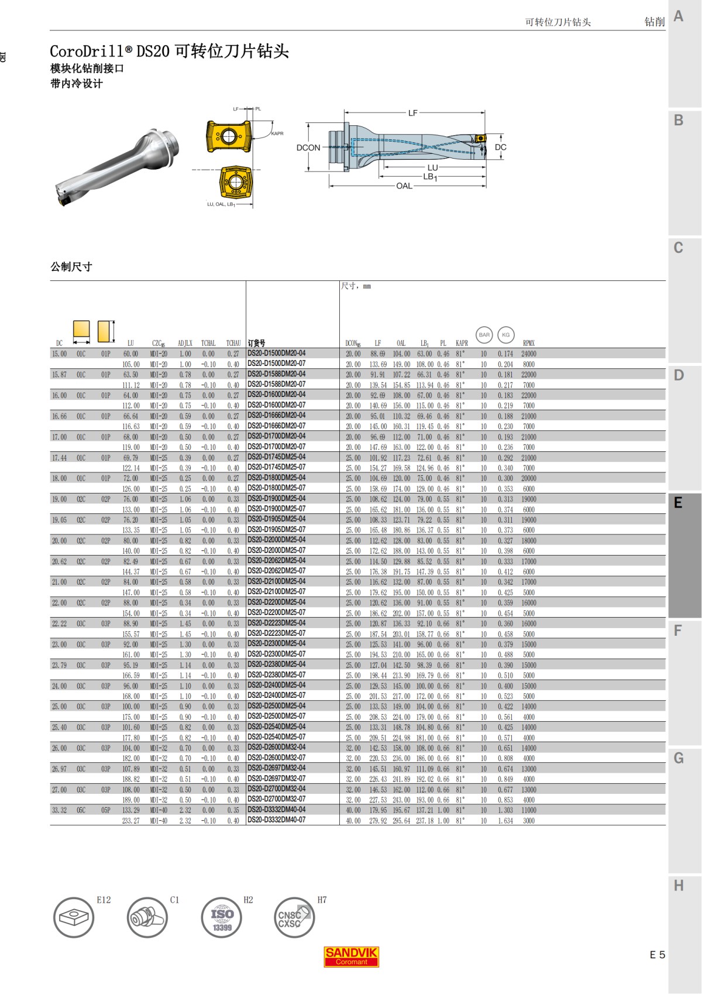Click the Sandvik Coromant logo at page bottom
click(351, 956)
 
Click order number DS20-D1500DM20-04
click(276, 354)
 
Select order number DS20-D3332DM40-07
click(276, 820)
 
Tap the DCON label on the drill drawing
click(308, 148)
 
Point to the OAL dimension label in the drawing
click(404, 186)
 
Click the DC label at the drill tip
click(500, 147)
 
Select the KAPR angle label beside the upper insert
click(277, 133)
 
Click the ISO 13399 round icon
click(222, 917)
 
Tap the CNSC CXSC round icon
click(294, 917)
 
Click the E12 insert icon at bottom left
click(74, 917)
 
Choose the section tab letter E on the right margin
click(678, 502)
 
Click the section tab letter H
click(679, 886)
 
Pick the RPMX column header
click(528, 343)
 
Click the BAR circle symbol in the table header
click(484, 335)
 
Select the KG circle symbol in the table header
click(506, 335)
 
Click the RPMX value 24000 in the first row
click(528, 354)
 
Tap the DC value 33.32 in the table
click(59, 810)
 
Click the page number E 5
click(657, 955)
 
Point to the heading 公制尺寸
click(71, 267)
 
